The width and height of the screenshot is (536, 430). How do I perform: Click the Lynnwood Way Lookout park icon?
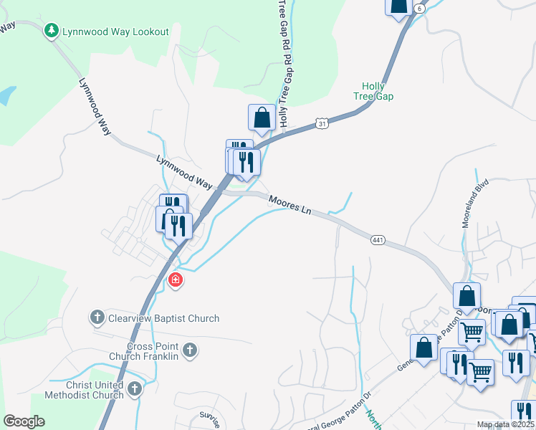pos(51,31)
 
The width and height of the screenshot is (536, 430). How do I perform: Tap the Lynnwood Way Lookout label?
pos(115,32)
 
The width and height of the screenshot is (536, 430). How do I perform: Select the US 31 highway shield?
pos(323,125)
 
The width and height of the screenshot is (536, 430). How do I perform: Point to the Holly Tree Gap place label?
pos(373,90)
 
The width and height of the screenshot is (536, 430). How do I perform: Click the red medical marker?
pos(174,279)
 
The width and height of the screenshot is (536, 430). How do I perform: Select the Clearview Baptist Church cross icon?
pos(97,317)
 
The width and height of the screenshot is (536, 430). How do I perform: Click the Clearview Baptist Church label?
pos(163,318)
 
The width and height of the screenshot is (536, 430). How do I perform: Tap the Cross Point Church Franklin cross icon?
pos(189,350)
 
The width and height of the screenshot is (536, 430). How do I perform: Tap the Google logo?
pos(24,421)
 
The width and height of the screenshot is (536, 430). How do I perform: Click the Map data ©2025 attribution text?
pos(505,424)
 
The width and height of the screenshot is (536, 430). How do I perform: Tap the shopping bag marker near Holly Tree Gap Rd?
pos(262,117)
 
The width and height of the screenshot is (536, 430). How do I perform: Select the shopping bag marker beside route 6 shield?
pos(398,6)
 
